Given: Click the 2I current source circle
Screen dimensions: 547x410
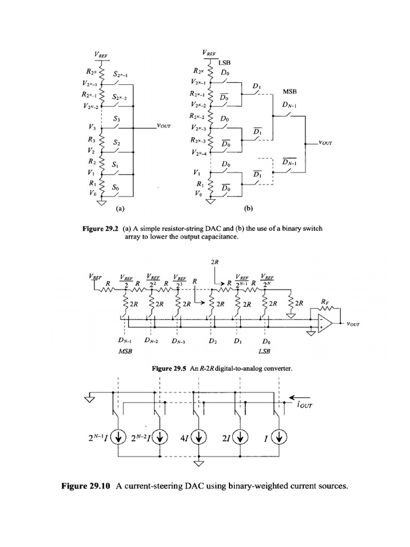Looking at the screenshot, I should click(241, 437).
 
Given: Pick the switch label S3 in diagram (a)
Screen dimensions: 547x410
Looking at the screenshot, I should click(117, 119).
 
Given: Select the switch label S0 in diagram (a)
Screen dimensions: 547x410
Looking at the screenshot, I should click(116, 187).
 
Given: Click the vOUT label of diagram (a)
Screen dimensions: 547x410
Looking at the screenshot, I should click(164, 126).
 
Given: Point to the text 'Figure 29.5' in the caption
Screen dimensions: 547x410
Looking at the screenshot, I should click(170, 369).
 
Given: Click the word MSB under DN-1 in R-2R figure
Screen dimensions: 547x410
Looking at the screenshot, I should click(124, 352).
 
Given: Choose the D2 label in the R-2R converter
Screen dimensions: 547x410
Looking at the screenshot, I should click(212, 341).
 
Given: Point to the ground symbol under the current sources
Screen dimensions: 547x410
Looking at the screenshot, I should click(199, 463).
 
